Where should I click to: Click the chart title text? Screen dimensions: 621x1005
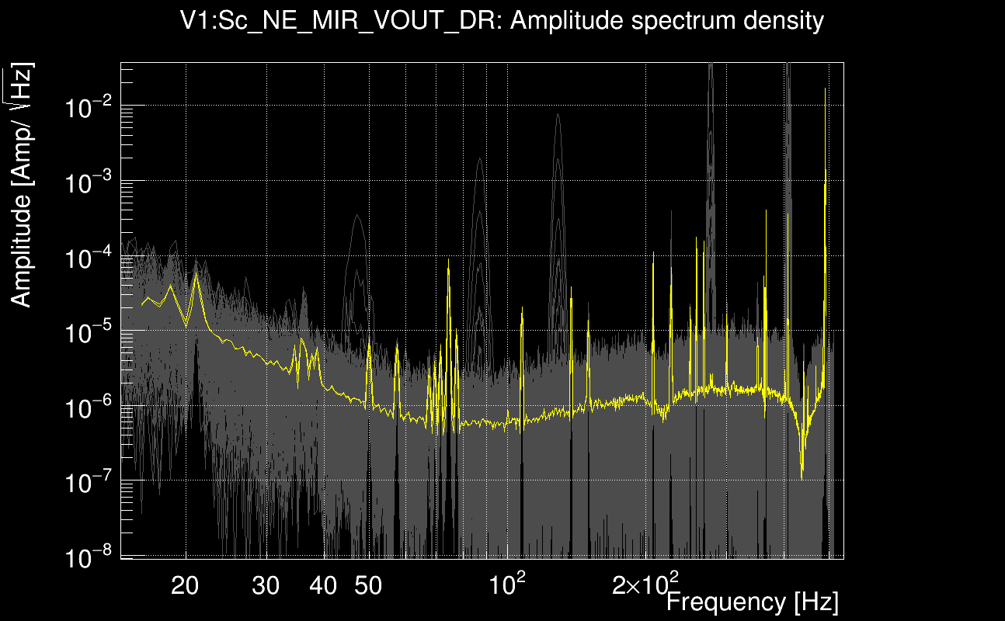502,21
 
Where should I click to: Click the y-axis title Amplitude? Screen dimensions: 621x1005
22,186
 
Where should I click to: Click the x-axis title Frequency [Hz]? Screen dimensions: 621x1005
752,602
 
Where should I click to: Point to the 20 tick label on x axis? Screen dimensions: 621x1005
185,585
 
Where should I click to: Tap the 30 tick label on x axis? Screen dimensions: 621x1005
266,585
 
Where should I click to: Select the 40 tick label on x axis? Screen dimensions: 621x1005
323,585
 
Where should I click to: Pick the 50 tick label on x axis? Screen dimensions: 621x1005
368,585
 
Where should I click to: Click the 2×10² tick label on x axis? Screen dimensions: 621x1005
645,584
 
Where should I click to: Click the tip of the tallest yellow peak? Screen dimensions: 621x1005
825,88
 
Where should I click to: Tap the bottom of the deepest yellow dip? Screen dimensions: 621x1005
802,477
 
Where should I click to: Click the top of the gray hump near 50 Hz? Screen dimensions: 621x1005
357,215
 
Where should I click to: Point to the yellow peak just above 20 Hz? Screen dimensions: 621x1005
196,273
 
